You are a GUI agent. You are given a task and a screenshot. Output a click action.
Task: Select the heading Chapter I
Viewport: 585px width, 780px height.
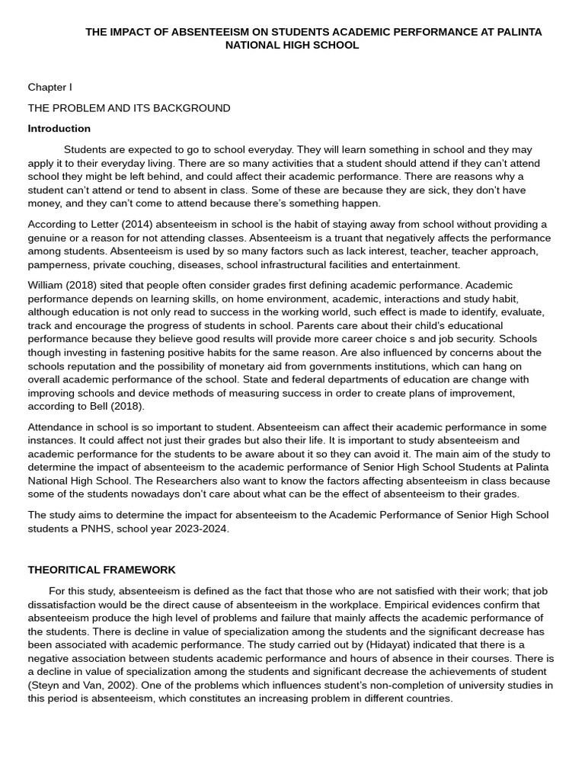50,88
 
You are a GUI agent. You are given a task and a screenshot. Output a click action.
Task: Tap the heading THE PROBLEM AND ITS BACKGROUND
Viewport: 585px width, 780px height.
129,108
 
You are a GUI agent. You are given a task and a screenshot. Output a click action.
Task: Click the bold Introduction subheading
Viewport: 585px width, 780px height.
59,129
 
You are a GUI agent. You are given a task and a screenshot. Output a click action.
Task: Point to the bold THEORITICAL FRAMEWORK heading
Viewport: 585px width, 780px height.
101,570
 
